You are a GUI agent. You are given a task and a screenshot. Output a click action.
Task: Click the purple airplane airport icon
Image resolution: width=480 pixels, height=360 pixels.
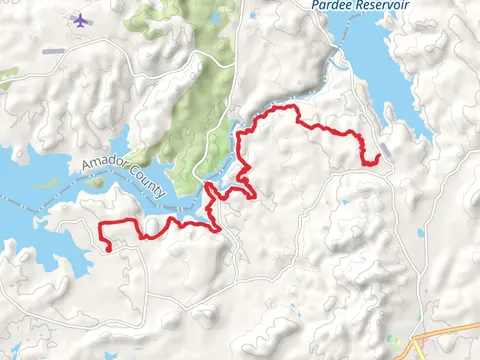80,19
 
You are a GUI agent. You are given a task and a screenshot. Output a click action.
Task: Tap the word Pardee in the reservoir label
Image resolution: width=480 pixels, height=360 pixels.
329,5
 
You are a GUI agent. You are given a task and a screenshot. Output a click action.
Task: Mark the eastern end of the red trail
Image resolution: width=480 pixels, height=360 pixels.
381,158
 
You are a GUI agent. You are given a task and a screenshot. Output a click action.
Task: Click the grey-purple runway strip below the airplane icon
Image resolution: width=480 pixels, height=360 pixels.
52,51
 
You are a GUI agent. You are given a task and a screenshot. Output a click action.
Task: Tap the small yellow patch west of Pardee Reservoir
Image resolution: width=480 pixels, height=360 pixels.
360,88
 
